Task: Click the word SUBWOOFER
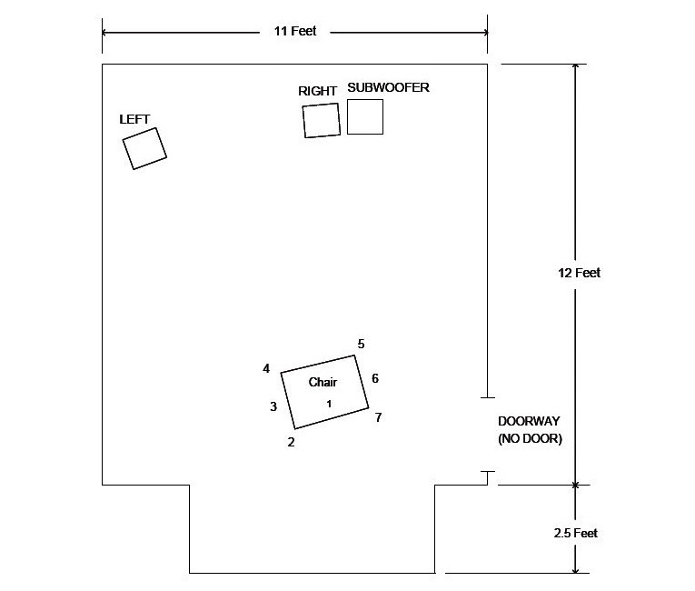coord(388,87)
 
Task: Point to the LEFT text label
coord(134,119)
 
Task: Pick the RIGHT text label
coord(317,91)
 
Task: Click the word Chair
coord(323,382)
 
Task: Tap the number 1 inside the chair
coord(329,404)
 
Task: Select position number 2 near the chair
coord(292,442)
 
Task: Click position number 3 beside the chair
coord(273,406)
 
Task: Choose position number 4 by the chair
coord(266,368)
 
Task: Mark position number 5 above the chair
coord(362,344)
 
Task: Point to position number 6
coord(375,378)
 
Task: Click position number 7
coord(379,417)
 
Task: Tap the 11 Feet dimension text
coord(295,31)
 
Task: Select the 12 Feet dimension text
coord(580,273)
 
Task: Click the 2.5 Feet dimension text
coord(575,533)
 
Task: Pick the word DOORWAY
coord(529,421)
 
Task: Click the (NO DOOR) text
coord(531,439)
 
